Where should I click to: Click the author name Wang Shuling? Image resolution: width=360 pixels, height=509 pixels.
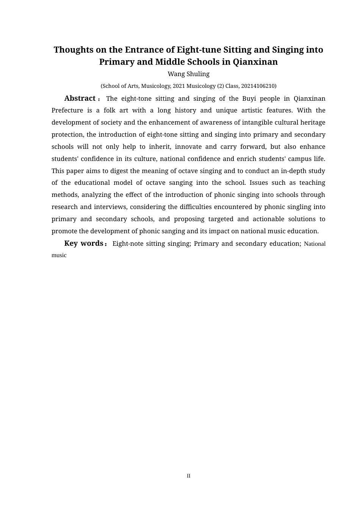pos(188,74)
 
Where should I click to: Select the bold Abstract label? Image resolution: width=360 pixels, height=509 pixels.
pos(80,98)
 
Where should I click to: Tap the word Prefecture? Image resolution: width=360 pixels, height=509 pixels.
pos(67,111)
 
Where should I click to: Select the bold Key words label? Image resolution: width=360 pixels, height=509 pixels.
pos(84,243)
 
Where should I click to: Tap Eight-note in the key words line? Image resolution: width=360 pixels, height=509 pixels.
pos(128,244)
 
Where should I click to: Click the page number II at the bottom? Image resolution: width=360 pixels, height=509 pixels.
pos(188,476)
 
